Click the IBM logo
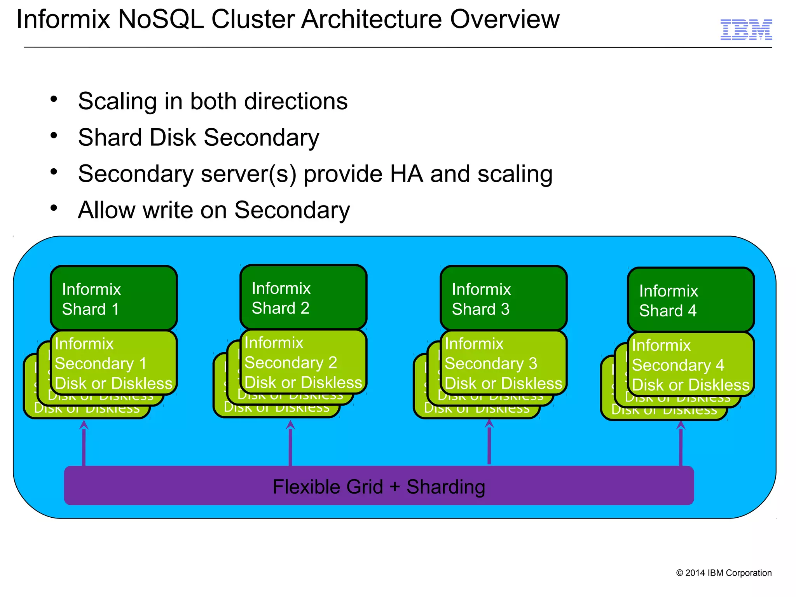coord(746,30)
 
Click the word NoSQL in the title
coord(161,19)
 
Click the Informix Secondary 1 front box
coord(113,363)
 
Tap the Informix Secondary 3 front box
coord(503,363)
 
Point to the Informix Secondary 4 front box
coord(691,365)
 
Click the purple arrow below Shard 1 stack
coord(84,443)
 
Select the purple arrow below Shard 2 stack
coord(290,443)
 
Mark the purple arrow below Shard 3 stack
coord(489,442)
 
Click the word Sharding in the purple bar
coord(446,487)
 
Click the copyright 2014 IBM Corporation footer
coord(724,573)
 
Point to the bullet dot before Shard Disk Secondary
coord(54,136)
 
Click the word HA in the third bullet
coord(407,174)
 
